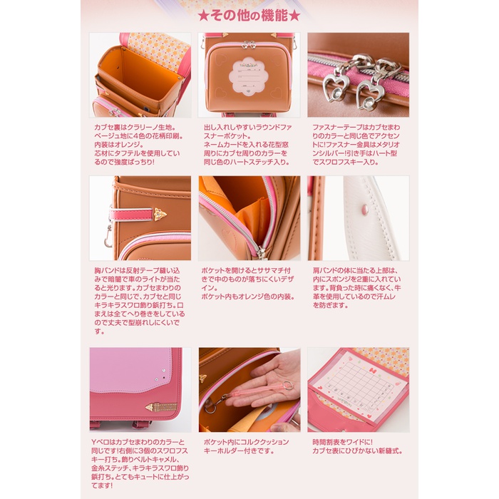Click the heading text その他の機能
click(249, 16)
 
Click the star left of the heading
click(202, 16)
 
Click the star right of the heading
click(294, 16)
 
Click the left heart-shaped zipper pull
click(334, 87)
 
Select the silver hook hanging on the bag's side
click(109, 235)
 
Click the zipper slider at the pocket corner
click(262, 252)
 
